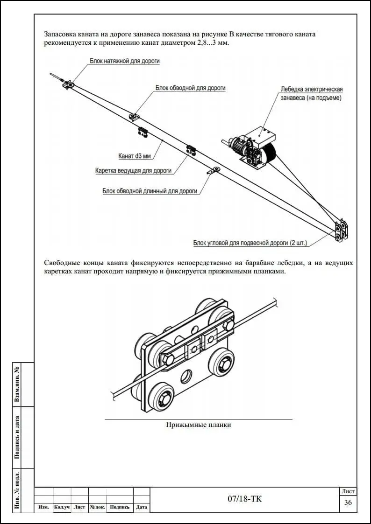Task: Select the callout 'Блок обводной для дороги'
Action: pyautogui.click(x=191, y=88)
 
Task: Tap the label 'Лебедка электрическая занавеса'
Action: pyautogui.click(x=312, y=93)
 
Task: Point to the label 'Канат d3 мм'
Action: pyautogui.click(x=135, y=155)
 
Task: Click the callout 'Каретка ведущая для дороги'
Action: pyautogui.click(x=134, y=171)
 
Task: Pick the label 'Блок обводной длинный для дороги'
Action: pyautogui.click(x=150, y=190)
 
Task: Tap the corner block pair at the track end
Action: pyautogui.click(x=340, y=231)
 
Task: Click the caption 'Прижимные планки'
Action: pyautogui.click(x=199, y=425)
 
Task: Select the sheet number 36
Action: pyautogui.click(x=348, y=502)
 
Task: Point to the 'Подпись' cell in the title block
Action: pyautogui.click(x=120, y=507)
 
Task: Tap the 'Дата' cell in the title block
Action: pyautogui.click(x=142, y=507)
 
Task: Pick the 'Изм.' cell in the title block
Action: pyautogui.click(x=43, y=507)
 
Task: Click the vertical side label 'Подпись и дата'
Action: pyautogui.click(x=17, y=437)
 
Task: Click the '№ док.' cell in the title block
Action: pyautogui.click(x=97, y=507)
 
